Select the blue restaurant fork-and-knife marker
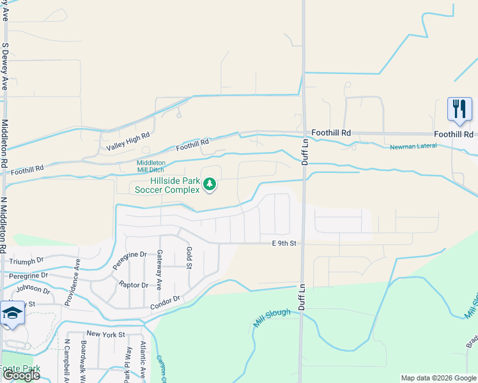[x=459, y=109]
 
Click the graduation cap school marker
[x=12, y=313]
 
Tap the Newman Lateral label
[x=413, y=147]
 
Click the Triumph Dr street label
[x=22, y=260]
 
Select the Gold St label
[x=189, y=258]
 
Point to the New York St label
[x=104, y=334]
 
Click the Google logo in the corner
[x=21, y=375]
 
